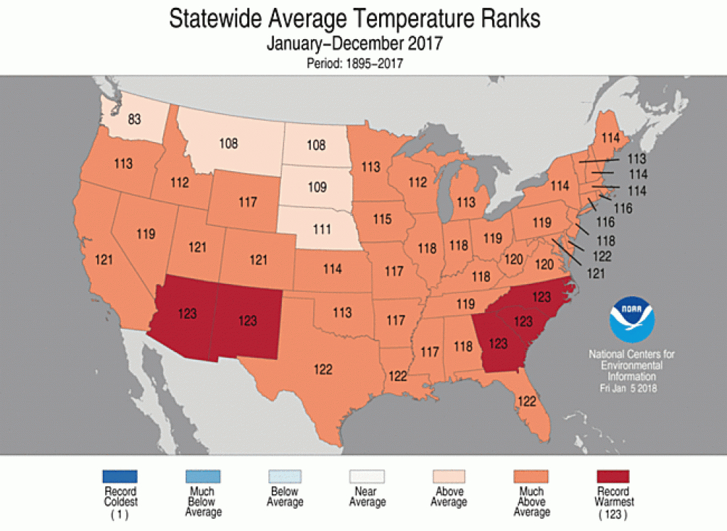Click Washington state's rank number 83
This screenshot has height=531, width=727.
tap(134, 119)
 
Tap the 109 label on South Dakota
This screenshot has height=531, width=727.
tap(317, 187)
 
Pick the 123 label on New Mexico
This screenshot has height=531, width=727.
tap(247, 320)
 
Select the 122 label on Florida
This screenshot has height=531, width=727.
tap(526, 400)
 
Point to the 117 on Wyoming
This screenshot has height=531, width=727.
tap(247, 202)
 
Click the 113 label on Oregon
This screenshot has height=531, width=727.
tap(123, 163)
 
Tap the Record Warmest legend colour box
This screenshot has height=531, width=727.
tap(612, 476)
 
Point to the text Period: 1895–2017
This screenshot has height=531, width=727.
tap(355, 64)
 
